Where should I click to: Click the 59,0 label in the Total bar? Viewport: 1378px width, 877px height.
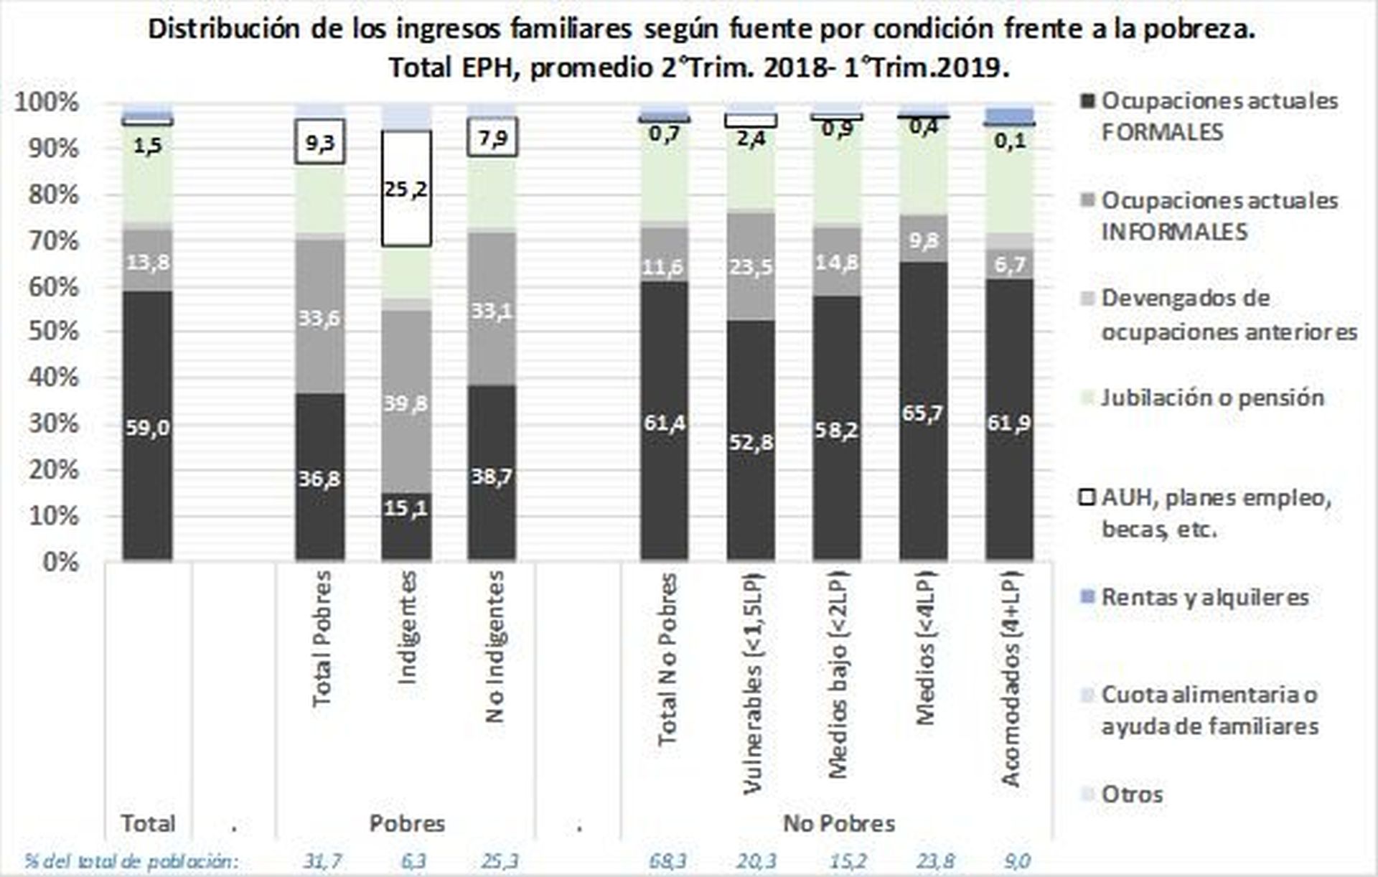pyautogui.click(x=148, y=428)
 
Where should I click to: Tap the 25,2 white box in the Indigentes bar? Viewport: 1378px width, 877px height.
pyautogui.click(x=406, y=189)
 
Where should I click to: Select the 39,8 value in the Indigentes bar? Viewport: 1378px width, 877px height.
pyautogui.click(x=406, y=403)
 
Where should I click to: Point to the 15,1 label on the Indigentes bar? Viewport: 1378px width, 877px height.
pyautogui.click(x=406, y=508)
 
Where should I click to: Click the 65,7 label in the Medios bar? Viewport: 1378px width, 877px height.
pyautogui.click(x=923, y=413)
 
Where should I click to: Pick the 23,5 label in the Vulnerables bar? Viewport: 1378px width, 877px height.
pyautogui.click(x=751, y=267)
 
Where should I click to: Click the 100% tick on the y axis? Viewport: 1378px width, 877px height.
pyautogui.click(x=47, y=102)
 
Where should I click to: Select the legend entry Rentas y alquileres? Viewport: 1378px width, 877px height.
pyautogui.click(x=1204, y=597)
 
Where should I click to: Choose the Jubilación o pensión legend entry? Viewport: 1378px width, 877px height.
pyautogui.click(x=1211, y=398)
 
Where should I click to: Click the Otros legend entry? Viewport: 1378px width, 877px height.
pyautogui.click(x=1132, y=794)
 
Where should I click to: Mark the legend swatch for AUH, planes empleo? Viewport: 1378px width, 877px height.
pyautogui.click(x=1088, y=497)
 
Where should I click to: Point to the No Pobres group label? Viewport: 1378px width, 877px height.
pyautogui.click(x=838, y=823)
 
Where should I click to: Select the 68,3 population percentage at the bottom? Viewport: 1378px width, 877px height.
pyautogui.click(x=667, y=860)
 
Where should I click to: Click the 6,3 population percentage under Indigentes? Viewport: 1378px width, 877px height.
pyautogui.click(x=413, y=860)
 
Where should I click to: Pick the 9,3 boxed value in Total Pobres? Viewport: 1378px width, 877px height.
pyautogui.click(x=320, y=142)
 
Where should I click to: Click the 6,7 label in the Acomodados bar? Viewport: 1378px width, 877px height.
pyautogui.click(x=1009, y=264)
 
